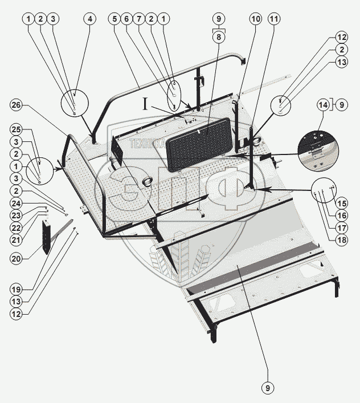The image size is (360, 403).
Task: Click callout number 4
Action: (x=89, y=18)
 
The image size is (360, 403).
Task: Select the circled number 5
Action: (x=115, y=18)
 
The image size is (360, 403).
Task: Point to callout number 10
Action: (x=256, y=18)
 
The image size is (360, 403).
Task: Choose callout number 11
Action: (x=275, y=18)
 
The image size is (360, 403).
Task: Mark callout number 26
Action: (x=17, y=105)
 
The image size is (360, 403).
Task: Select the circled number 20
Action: (x=17, y=258)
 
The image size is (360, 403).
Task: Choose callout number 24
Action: (x=17, y=202)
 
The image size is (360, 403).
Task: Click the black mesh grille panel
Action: (x=200, y=143)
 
